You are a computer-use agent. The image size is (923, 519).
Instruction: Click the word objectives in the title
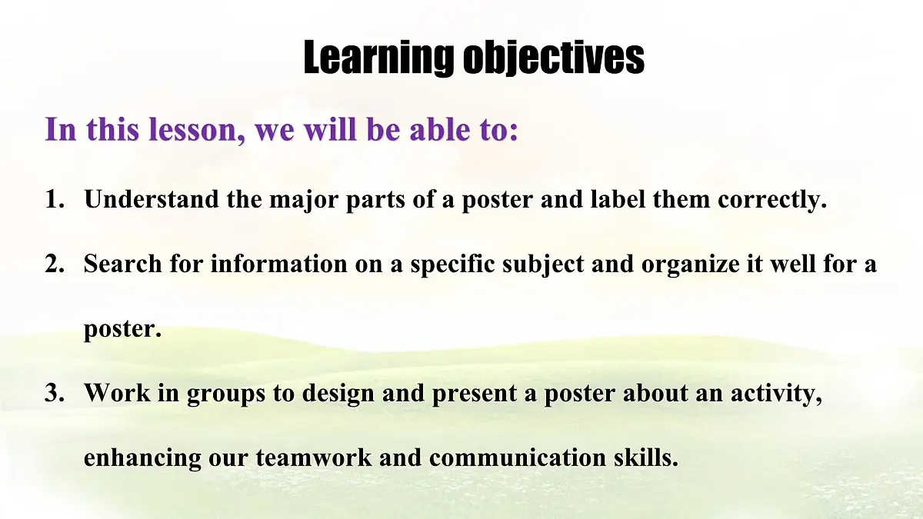553,57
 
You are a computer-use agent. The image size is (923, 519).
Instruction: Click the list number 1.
53,201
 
